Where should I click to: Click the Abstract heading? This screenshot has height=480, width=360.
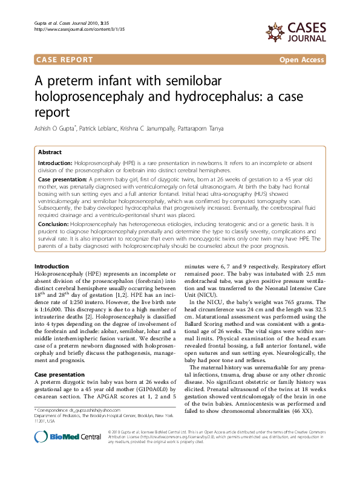click(x=50, y=152)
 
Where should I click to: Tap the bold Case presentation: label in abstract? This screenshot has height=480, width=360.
click(x=62, y=180)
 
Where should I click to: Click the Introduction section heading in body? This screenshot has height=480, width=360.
click(x=51, y=267)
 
